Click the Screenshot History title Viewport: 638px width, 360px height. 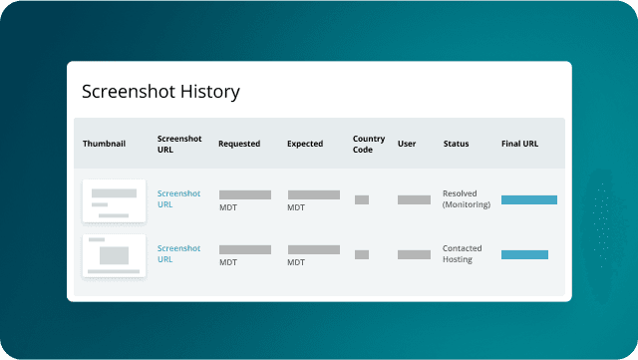(x=160, y=93)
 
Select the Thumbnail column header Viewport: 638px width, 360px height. (x=105, y=144)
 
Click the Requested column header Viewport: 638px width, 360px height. (x=239, y=144)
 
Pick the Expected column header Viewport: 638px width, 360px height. (x=305, y=144)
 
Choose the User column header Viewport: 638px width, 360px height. (x=407, y=144)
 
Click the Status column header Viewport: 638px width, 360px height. (x=457, y=144)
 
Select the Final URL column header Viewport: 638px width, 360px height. (x=519, y=144)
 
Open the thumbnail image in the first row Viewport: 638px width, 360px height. (x=114, y=200)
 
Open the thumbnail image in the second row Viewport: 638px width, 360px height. (x=114, y=255)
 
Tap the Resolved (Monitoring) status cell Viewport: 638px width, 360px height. (x=467, y=199)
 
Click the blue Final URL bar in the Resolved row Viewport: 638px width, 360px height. (x=528, y=199)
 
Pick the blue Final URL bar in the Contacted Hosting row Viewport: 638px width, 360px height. (x=524, y=254)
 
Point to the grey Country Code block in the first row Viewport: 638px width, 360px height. (x=362, y=199)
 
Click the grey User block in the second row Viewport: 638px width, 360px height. (x=414, y=254)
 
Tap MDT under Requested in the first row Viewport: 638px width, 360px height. (x=228, y=208)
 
